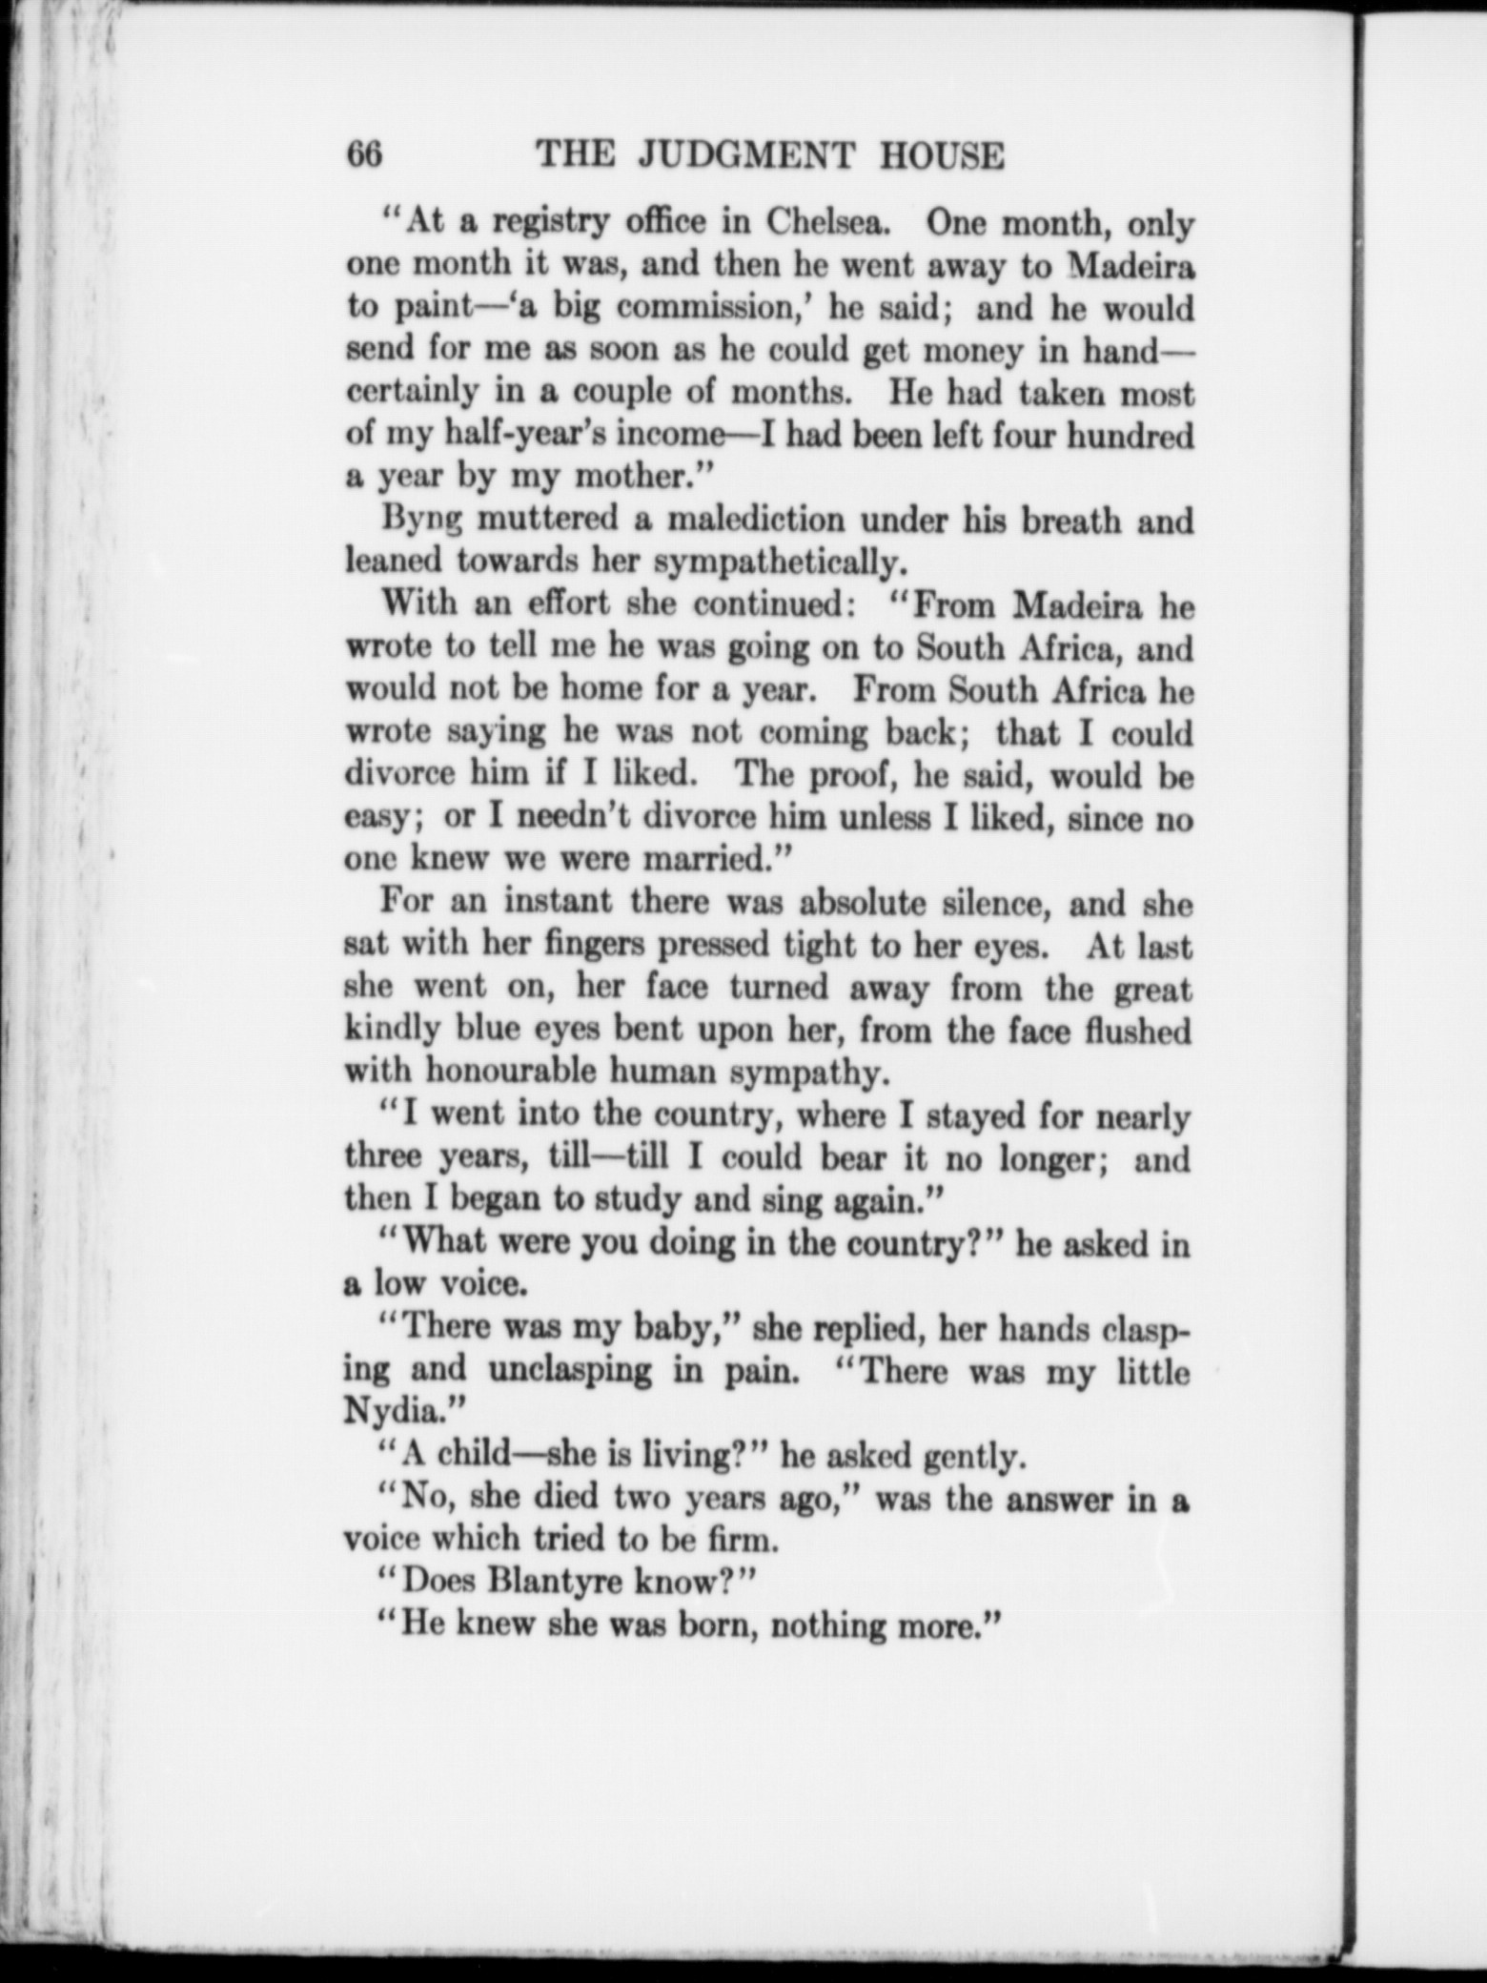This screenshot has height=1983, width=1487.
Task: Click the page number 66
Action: click(x=365, y=153)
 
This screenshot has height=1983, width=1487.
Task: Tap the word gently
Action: click(x=971, y=1455)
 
